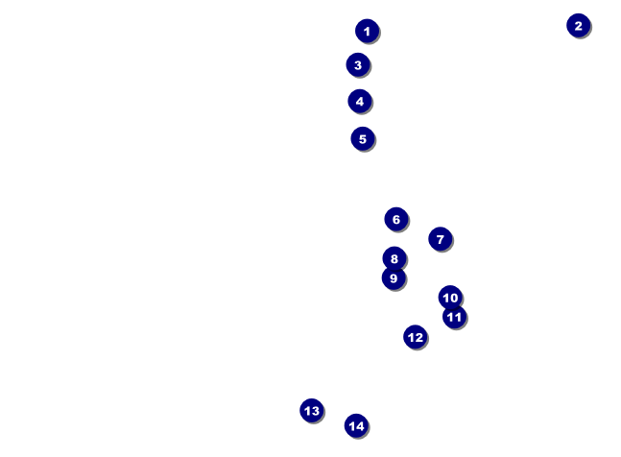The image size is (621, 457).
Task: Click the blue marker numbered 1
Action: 368,31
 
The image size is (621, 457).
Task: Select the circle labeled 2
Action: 578,26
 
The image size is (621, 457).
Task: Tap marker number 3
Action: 358,64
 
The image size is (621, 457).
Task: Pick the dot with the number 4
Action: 360,102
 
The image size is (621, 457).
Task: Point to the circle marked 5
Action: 363,139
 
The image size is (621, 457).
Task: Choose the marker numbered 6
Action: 396,219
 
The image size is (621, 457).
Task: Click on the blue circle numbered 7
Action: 440,239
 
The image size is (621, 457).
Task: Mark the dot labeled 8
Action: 394,258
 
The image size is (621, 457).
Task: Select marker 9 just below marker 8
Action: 394,278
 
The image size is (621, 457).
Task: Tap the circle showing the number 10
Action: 450,298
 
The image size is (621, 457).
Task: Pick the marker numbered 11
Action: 454,317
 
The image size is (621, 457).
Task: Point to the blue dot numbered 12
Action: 415,337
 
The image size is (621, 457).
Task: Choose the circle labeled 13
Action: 312,411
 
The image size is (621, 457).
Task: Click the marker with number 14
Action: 356,425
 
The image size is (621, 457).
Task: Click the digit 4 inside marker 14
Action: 360,426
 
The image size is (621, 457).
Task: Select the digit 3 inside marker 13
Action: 315,411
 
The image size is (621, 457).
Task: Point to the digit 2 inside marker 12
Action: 419,337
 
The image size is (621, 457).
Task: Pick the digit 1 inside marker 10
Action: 445,298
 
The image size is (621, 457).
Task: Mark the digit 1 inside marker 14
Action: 352,426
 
